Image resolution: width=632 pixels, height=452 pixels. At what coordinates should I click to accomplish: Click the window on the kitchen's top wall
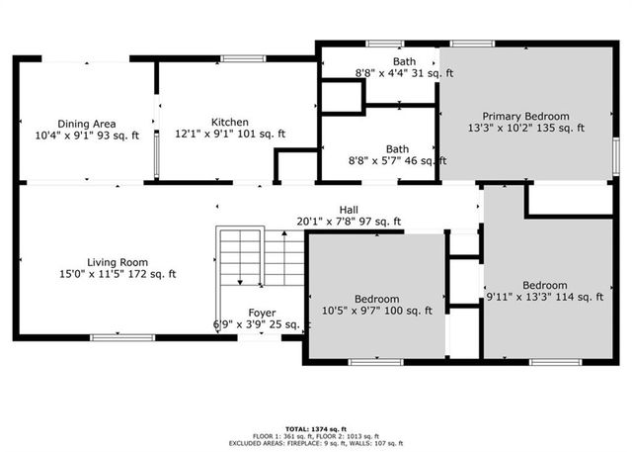point(243,59)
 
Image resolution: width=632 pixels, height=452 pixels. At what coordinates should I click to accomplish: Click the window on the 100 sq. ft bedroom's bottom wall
point(375,362)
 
